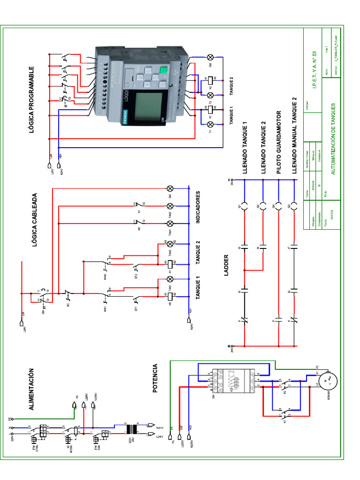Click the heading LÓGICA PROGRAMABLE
coord(32,99)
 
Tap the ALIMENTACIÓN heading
coord(32,390)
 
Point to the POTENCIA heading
coord(161,378)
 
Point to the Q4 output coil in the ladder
coord(278,206)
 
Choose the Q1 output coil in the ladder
coord(244,206)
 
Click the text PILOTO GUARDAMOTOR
coord(278,142)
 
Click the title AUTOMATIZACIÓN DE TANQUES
coord(333,139)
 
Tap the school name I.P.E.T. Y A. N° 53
coord(314,68)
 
